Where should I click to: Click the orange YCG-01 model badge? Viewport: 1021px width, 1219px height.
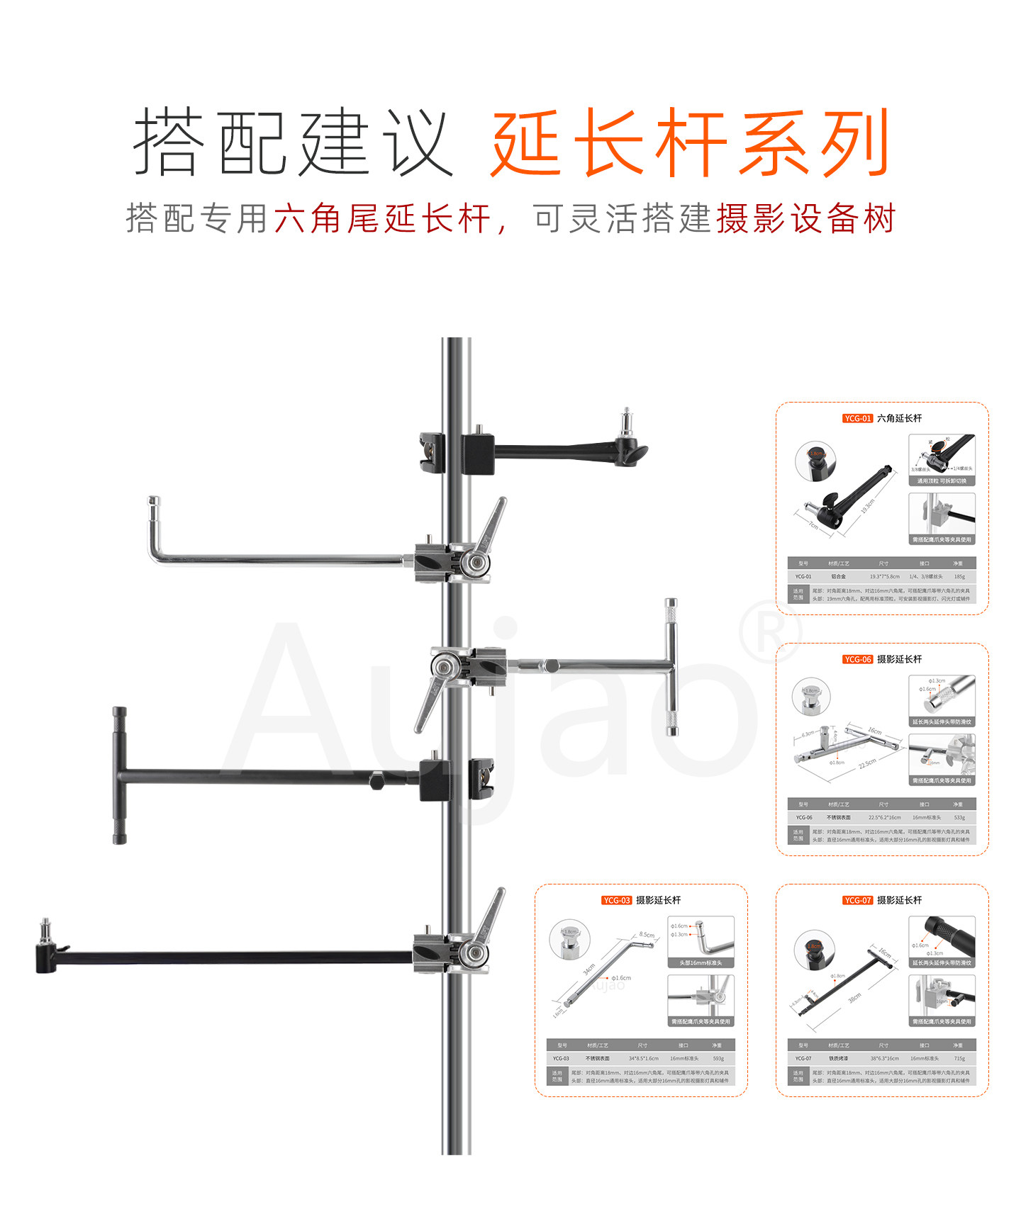[857, 419]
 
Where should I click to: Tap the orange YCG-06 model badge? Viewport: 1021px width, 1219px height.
[857, 660]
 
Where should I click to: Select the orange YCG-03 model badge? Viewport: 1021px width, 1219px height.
[616, 901]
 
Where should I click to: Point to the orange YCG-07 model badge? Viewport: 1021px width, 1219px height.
[857, 901]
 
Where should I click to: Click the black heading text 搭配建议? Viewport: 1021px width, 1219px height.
[293, 144]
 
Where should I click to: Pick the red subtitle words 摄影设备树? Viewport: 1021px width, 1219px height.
[806, 218]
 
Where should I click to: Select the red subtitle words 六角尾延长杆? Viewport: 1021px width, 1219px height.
[382, 218]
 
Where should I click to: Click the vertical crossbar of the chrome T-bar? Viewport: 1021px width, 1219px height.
[671, 666]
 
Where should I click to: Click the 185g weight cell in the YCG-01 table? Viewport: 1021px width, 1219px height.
[959, 577]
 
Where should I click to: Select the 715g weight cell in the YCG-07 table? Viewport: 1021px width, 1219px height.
[959, 1059]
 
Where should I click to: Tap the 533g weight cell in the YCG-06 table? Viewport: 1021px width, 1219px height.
[959, 818]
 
